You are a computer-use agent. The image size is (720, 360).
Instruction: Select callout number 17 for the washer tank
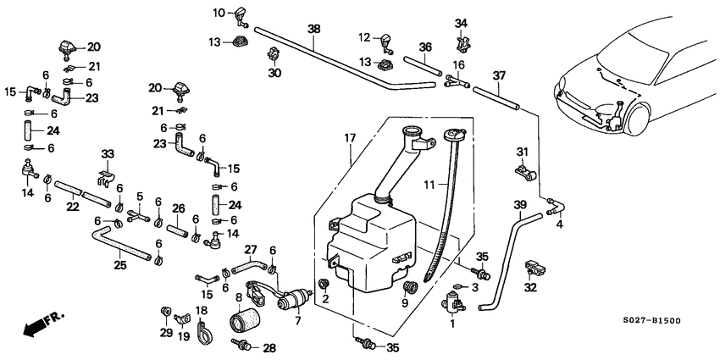349,136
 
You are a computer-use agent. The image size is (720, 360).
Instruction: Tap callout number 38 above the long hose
314,28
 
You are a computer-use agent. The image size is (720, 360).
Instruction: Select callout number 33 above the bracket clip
107,153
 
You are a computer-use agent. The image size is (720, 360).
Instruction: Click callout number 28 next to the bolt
269,347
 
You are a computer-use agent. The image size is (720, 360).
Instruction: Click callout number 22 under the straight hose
74,206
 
